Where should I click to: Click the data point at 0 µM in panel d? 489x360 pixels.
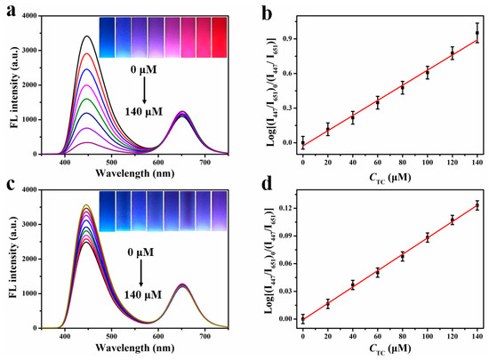point(303,318)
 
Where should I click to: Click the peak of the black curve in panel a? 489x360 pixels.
point(84,36)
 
